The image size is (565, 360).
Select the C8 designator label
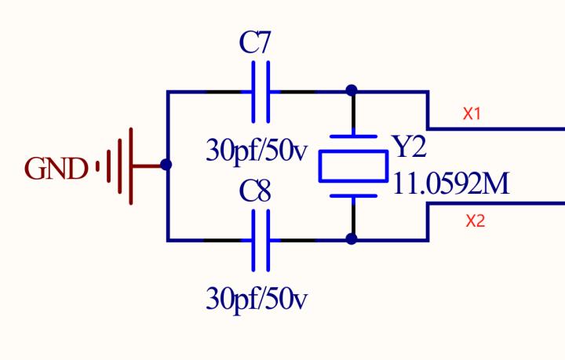pos(255,192)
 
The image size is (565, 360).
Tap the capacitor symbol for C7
pos(261,92)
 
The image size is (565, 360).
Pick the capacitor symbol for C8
pos(261,239)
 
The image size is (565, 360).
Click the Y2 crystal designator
pos(409,147)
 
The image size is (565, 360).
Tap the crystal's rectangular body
pos(353,165)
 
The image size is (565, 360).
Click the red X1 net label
pos(472,114)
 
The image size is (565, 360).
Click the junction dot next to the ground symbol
pos(166,165)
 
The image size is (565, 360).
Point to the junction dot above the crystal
pos(352,91)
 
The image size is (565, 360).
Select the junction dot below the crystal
pos(352,238)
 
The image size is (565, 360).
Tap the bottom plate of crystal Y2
pos(353,195)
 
